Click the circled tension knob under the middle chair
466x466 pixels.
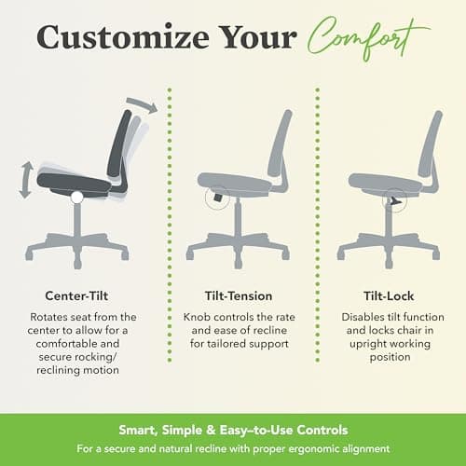pyautogui.click(x=216, y=198)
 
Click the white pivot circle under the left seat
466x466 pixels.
pyautogui.click(x=76, y=196)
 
